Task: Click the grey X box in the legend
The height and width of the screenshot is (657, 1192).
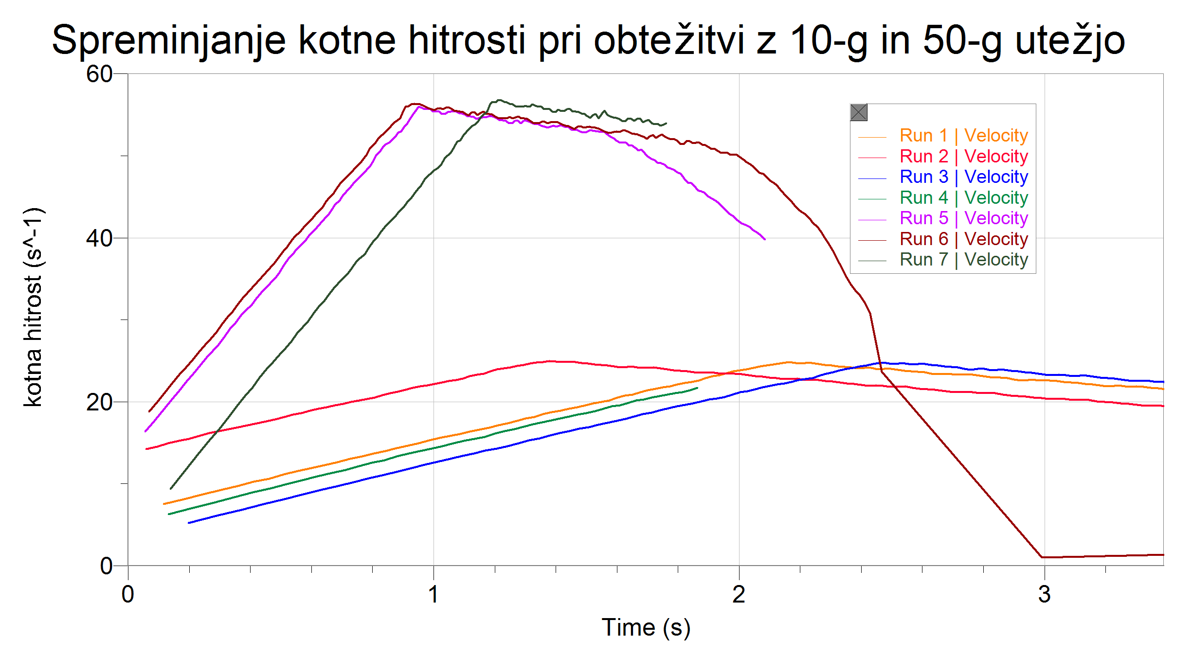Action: tap(859, 113)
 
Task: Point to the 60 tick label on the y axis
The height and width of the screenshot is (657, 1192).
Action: tap(99, 74)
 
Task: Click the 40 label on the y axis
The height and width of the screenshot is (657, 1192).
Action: tap(99, 238)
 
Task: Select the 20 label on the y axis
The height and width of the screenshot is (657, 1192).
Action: tap(99, 402)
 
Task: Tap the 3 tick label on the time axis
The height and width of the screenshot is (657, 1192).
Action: tap(1044, 594)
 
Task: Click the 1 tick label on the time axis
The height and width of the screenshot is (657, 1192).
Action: tap(433, 594)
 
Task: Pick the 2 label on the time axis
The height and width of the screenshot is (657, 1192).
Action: tap(739, 594)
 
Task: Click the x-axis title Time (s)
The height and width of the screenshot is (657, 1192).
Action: tap(646, 627)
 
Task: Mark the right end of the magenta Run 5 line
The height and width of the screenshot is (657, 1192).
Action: tap(765, 239)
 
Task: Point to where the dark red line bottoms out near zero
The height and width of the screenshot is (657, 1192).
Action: tap(1042, 557)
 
